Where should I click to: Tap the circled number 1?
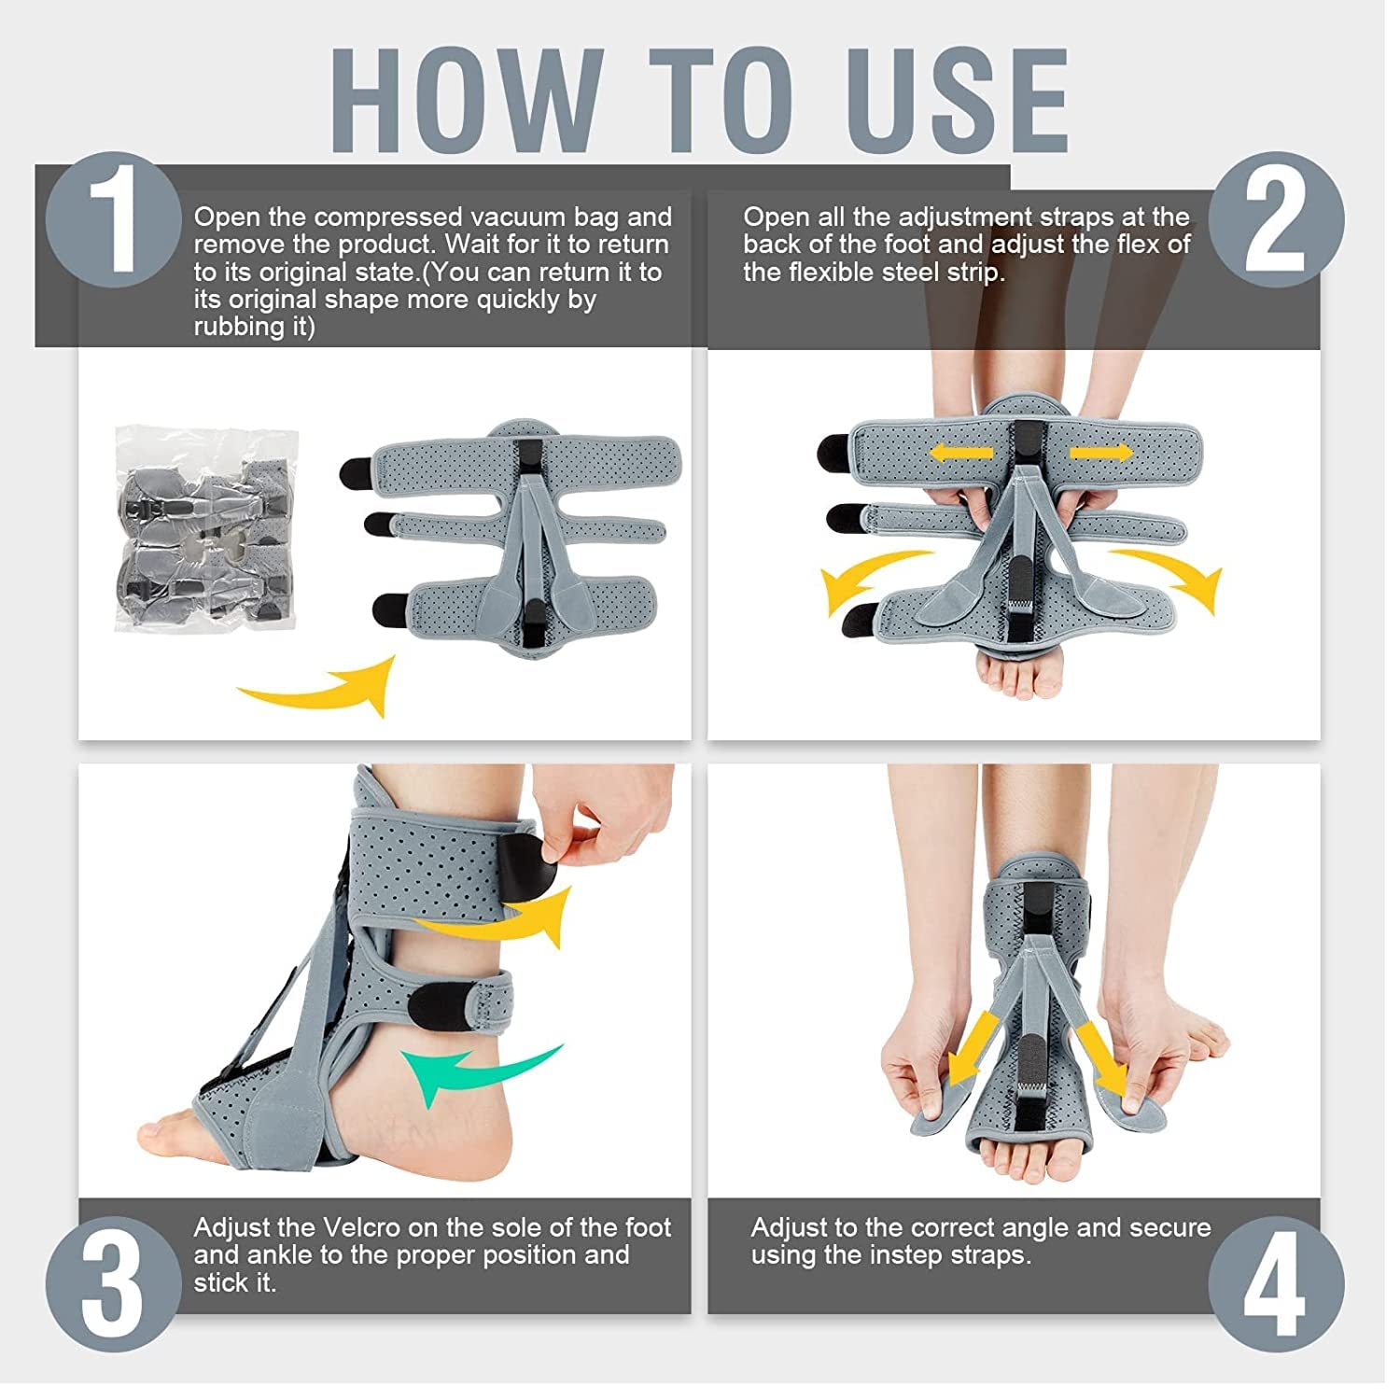(113, 220)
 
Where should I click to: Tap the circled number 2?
(1276, 220)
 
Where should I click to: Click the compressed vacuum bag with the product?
(207, 528)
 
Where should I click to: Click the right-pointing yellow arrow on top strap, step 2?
(1101, 453)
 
